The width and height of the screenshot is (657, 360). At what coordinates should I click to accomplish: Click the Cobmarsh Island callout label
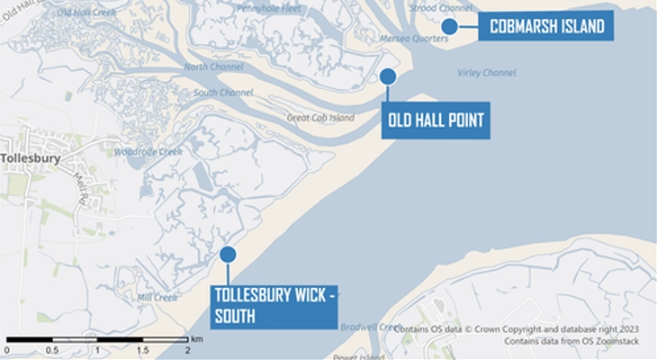(x=545, y=27)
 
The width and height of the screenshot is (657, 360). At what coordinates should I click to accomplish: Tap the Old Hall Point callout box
(x=436, y=121)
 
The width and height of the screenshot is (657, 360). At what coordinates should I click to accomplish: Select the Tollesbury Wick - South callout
(x=274, y=305)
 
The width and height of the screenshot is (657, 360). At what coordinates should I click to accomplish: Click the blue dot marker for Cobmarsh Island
(x=449, y=26)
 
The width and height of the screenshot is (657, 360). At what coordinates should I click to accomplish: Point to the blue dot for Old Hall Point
(x=388, y=76)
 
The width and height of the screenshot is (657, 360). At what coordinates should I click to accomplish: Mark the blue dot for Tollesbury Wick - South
(x=228, y=255)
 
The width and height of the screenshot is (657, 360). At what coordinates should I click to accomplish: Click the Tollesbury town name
(x=31, y=158)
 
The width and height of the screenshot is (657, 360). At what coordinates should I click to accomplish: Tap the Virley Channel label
(x=486, y=73)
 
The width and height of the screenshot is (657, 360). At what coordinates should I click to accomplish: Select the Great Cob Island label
(x=320, y=118)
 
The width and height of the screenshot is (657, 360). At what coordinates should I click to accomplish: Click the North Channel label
(x=213, y=67)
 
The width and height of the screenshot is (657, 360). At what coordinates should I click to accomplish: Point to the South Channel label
(x=223, y=93)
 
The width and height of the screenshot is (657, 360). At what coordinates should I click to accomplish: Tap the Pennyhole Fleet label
(x=268, y=8)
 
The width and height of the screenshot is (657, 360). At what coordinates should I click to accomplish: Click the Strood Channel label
(x=440, y=8)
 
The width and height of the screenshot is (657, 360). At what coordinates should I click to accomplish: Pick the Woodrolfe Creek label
(x=148, y=152)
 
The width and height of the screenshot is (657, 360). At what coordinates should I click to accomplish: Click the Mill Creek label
(x=157, y=297)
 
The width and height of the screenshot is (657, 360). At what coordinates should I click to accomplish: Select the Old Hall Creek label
(x=86, y=13)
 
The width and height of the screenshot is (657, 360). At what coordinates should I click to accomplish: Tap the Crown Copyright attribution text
(x=521, y=329)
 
